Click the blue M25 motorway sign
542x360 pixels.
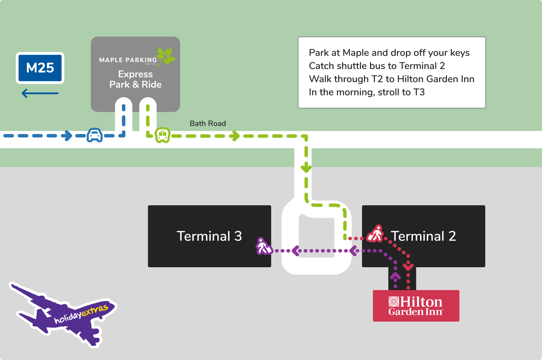pyautogui.click(x=40, y=68)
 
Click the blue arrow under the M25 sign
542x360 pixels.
pyautogui.click(x=40, y=93)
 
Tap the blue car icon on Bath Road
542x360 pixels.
pyautogui.click(x=94, y=135)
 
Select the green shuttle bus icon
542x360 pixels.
pyautogui.click(x=162, y=135)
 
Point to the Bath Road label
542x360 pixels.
pyautogui.click(x=208, y=124)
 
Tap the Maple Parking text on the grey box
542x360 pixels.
pyautogui.click(x=128, y=60)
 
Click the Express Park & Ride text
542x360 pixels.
pyautogui.click(x=135, y=79)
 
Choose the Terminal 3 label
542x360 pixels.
pyautogui.click(x=209, y=236)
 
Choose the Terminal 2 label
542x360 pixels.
pyautogui.click(x=423, y=236)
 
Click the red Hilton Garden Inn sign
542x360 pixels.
pyautogui.click(x=416, y=306)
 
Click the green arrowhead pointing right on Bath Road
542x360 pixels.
pyautogui.click(x=235, y=136)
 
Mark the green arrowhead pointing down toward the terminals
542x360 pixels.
pyautogui.click(x=306, y=169)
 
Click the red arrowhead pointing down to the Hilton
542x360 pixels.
pyautogui.click(x=408, y=267)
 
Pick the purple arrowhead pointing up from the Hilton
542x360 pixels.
pyautogui.click(x=395, y=276)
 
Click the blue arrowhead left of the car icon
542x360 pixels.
pyautogui.click(x=67, y=136)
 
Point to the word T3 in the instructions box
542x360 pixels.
pyautogui.click(x=419, y=92)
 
